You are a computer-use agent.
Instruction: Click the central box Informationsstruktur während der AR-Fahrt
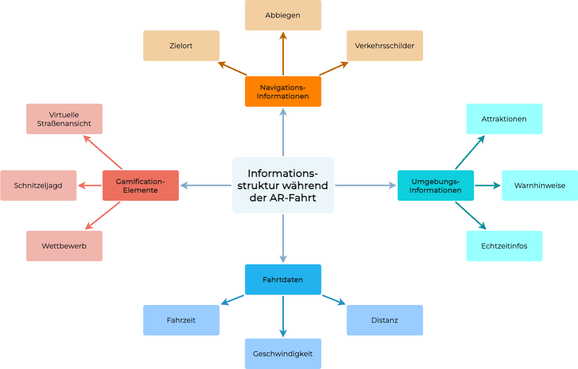(x=283, y=185)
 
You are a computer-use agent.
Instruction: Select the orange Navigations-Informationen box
(x=283, y=91)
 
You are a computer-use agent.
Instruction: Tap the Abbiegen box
(x=283, y=15)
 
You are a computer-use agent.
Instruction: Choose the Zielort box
(x=181, y=46)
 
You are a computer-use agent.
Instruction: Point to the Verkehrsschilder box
(x=385, y=46)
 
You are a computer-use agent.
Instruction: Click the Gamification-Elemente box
(x=140, y=186)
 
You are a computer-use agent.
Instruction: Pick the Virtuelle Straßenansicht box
(x=64, y=119)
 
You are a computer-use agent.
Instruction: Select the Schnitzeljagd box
(x=38, y=186)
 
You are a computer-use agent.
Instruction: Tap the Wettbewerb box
(x=64, y=246)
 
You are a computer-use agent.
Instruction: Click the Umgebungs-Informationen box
(x=436, y=186)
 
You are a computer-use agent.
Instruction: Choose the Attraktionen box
(x=504, y=119)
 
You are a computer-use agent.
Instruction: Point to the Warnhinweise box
(x=540, y=186)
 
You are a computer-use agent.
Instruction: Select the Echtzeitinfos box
(x=504, y=246)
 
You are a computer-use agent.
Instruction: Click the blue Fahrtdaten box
(x=283, y=280)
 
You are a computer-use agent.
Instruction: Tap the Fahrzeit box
(x=181, y=320)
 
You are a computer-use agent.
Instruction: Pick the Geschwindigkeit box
(x=283, y=354)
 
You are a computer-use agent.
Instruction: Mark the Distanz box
(x=385, y=320)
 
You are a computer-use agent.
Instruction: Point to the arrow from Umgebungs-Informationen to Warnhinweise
(x=487, y=186)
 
